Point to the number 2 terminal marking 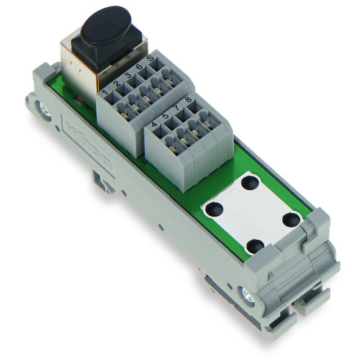117,85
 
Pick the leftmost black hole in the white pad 212,210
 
